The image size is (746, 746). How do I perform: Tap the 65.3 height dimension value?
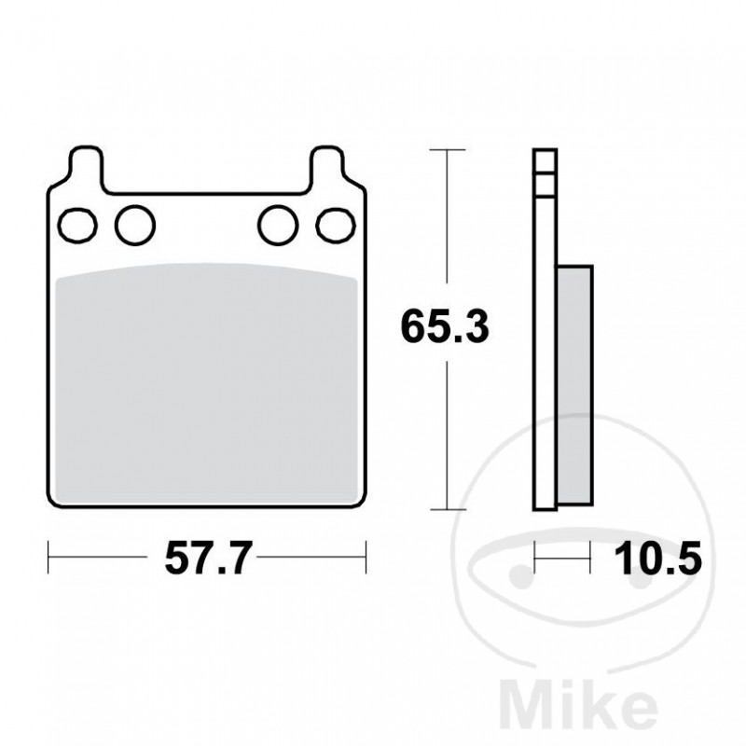point(447,328)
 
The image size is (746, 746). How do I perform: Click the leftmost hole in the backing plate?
point(78,224)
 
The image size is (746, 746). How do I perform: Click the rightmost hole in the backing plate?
point(334,224)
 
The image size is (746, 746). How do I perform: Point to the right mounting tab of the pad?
point(328,166)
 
